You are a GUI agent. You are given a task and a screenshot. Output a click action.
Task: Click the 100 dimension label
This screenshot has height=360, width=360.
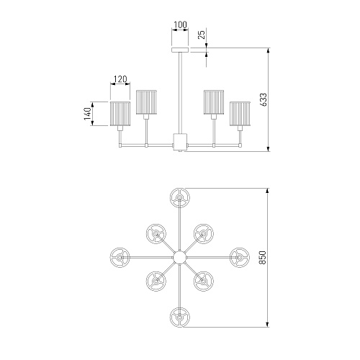(x=180, y=24)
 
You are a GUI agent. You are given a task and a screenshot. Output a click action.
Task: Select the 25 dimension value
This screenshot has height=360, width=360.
(x=202, y=35)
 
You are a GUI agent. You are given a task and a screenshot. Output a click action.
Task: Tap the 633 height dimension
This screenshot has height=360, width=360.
(x=263, y=99)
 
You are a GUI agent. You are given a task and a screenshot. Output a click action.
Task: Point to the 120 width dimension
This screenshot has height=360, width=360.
(x=120, y=79)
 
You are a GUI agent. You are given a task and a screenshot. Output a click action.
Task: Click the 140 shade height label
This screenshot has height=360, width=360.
(x=88, y=114)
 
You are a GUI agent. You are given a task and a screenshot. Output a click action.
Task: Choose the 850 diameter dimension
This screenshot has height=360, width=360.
(x=263, y=258)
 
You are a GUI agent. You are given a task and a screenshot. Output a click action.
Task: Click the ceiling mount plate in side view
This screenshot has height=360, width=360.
(x=180, y=50)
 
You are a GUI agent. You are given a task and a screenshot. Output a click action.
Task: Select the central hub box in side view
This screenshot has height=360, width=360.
(x=180, y=142)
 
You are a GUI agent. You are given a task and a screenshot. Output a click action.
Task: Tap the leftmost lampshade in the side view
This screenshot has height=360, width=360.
(x=120, y=114)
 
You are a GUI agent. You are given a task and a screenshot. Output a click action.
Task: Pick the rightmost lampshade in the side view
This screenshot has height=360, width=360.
(x=240, y=114)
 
